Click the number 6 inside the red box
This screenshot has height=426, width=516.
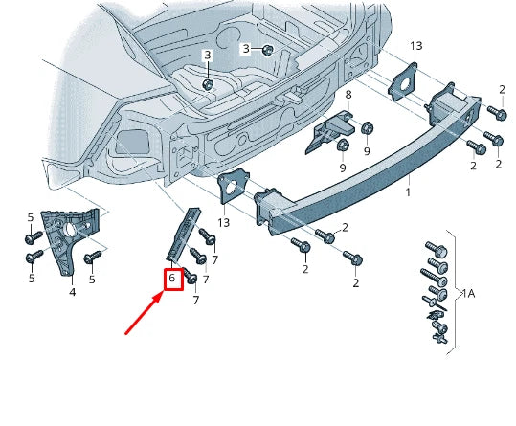click(172, 280)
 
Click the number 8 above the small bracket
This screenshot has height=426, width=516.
click(348, 95)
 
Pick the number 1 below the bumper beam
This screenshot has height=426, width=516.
click(407, 191)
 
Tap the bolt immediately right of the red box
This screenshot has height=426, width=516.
click(191, 277)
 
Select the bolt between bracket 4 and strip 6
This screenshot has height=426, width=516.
click(93, 258)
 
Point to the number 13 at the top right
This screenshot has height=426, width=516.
click(415, 46)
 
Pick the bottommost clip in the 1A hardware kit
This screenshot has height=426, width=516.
click(439, 339)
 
